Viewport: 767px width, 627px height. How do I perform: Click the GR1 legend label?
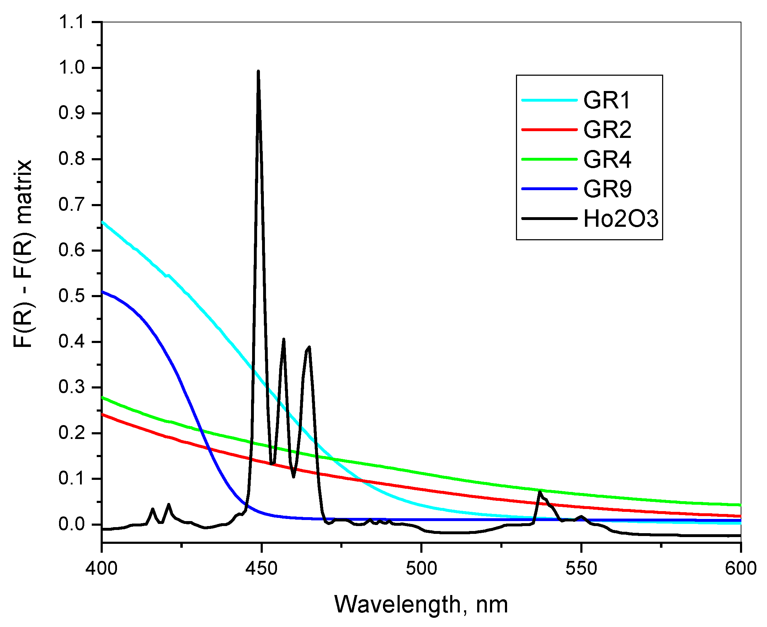tap(607, 100)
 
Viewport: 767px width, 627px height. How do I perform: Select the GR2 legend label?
tap(607, 130)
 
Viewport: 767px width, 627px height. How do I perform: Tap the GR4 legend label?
tap(607, 159)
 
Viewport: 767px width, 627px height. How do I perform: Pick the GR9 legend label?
tap(607, 189)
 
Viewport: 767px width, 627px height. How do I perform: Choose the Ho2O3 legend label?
tap(621, 219)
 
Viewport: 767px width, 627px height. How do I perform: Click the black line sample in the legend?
tap(549, 219)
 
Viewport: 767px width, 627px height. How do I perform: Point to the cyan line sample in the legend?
tap(549, 100)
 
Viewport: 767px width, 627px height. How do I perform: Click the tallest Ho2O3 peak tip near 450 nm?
tap(258, 71)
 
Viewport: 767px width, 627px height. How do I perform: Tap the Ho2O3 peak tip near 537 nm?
tap(539, 492)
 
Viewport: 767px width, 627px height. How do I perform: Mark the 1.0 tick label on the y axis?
tap(71, 68)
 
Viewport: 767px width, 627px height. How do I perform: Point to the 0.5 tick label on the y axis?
tap(71, 296)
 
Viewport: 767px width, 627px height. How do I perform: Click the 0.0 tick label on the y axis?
tap(71, 524)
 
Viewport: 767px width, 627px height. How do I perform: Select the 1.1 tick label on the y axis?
tap(71, 22)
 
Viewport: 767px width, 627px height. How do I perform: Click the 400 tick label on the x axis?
tap(102, 568)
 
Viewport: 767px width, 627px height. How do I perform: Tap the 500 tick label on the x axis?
tap(421, 568)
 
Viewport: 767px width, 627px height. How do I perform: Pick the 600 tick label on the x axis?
tap(741, 568)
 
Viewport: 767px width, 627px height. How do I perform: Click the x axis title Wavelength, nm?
tap(421, 605)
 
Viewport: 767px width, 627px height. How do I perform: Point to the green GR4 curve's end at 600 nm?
tap(739, 505)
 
